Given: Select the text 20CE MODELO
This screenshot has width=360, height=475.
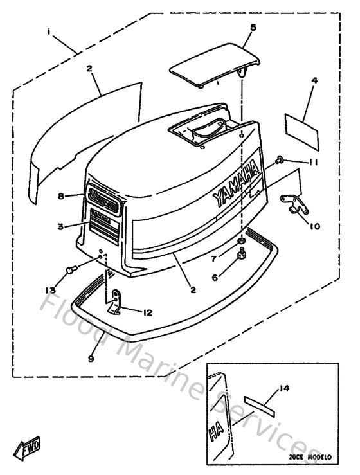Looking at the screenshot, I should coord(309,458).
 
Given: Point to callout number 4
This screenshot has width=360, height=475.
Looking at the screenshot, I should coord(314,81).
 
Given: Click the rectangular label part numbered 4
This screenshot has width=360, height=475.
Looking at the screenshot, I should coord(302,124).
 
